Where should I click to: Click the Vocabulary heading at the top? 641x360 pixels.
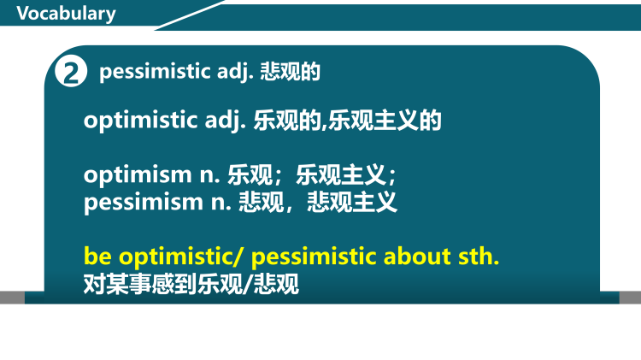pyautogui.click(x=66, y=14)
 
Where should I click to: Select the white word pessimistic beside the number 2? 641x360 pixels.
pyautogui.click(x=150, y=72)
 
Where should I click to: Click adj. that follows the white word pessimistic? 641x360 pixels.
pyautogui.click(x=224, y=73)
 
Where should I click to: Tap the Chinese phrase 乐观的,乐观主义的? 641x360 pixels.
pyautogui.click(x=347, y=121)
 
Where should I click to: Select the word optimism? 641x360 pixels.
pyautogui.click(x=135, y=176)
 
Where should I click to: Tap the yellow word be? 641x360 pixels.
pyautogui.click(x=97, y=256)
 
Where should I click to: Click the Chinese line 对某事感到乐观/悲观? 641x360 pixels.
pyautogui.click(x=191, y=284)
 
